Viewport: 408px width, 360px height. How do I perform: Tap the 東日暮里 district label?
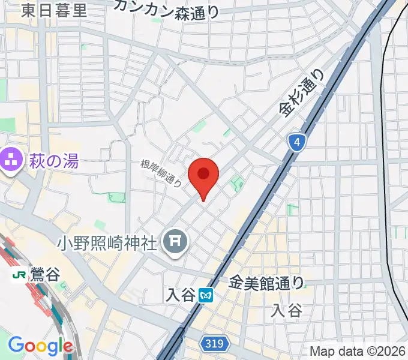[x=53, y=10]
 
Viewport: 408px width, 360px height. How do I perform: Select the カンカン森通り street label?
[x=166, y=8]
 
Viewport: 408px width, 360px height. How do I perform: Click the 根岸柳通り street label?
[x=161, y=173]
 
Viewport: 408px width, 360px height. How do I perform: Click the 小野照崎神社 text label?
[x=107, y=242]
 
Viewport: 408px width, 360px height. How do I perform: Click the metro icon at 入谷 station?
[x=206, y=295]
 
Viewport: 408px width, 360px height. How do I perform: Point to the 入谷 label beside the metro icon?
[x=182, y=295]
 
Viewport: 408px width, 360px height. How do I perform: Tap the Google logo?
[x=40, y=346]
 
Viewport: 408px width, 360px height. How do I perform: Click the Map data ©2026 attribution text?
[x=358, y=351]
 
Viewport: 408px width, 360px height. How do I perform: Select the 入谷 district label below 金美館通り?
[x=284, y=310]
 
